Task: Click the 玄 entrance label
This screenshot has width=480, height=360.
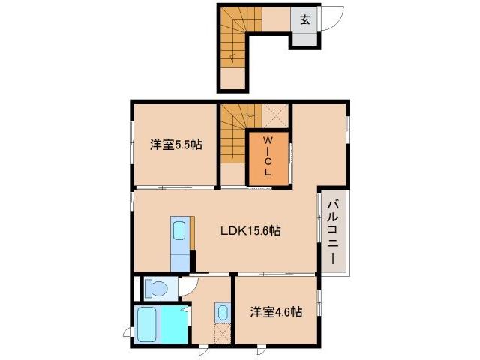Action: coord(305,20)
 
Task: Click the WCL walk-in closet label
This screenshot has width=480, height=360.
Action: coord(267,156)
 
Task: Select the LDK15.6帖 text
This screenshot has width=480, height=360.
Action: coord(250,231)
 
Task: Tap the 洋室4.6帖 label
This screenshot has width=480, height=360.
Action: coord(277,311)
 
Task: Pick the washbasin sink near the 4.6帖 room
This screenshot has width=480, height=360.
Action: coord(223,311)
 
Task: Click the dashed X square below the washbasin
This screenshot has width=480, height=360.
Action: coord(223,334)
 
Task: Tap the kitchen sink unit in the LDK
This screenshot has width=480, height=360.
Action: coord(180,237)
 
